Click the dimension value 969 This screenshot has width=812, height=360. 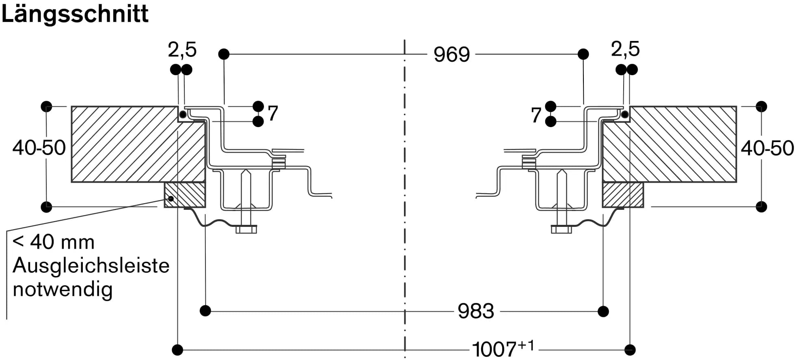(x=451, y=54)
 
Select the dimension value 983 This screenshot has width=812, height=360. (x=475, y=311)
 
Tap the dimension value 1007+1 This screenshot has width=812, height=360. (x=503, y=349)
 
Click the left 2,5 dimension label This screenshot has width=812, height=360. (x=182, y=50)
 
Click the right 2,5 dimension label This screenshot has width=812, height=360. (x=625, y=49)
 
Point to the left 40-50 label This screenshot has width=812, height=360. (x=39, y=148)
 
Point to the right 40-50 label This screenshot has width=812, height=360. (x=767, y=148)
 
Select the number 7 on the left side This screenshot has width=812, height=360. (x=273, y=113)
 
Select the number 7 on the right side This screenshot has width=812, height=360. (x=536, y=115)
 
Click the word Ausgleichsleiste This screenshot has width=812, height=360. (x=91, y=266)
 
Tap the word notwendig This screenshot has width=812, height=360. (x=63, y=289)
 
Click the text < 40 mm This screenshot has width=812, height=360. (x=54, y=242)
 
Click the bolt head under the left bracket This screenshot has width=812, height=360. (x=246, y=230)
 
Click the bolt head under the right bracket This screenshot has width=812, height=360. (x=561, y=230)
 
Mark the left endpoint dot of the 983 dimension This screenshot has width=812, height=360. (x=205, y=311)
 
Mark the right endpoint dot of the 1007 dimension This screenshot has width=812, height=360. (x=630, y=349)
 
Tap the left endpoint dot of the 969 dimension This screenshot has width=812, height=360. (x=224, y=54)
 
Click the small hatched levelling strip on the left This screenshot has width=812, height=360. (x=185, y=195)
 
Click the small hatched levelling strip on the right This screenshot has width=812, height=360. (x=623, y=195)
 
